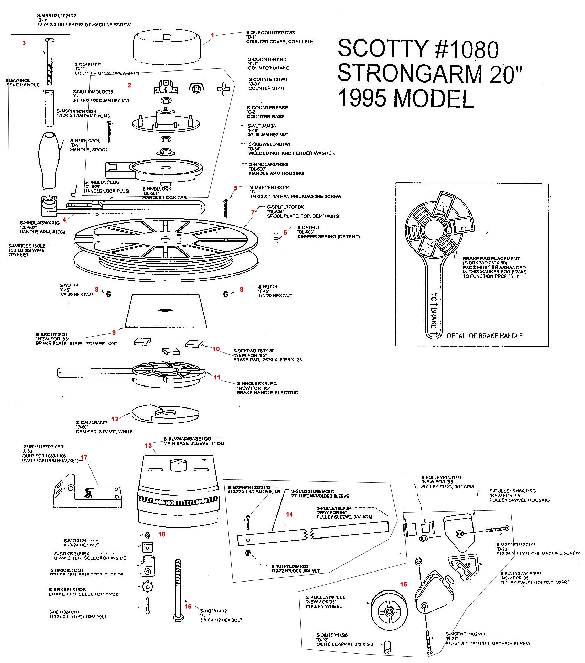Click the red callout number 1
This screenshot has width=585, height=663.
pyautogui.click(x=213, y=35)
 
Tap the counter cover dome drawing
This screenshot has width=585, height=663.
pyautogui.click(x=167, y=48)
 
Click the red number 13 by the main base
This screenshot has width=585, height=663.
pyautogui.click(x=148, y=446)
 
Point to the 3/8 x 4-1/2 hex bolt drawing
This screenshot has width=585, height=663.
pyautogui.click(x=178, y=590)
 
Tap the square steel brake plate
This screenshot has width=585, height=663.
pyautogui.click(x=166, y=311)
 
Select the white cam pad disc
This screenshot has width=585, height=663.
pyautogui.click(x=165, y=414)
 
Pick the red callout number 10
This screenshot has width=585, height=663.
pyautogui.click(x=216, y=349)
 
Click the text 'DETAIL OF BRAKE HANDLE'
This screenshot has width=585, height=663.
pyautogui.click(x=485, y=336)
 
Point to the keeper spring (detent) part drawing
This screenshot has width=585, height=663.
pyautogui.click(x=276, y=238)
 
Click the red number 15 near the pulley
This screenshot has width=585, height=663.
pyautogui.click(x=403, y=584)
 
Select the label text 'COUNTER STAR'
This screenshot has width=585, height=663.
pyautogui.click(x=266, y=88)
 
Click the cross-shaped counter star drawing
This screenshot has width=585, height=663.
pyautogui.click(x=223, y=89)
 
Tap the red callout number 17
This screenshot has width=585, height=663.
pyautogui.click(x=84, y=457)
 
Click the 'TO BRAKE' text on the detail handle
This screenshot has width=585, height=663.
pyautogui.click(x=434, y=311)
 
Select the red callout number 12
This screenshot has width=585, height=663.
pyautogui.click(x=115, y=419)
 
